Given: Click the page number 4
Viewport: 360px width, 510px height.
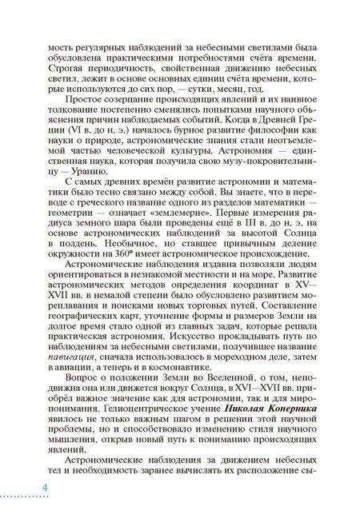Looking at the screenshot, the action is (x=24, y=488).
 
